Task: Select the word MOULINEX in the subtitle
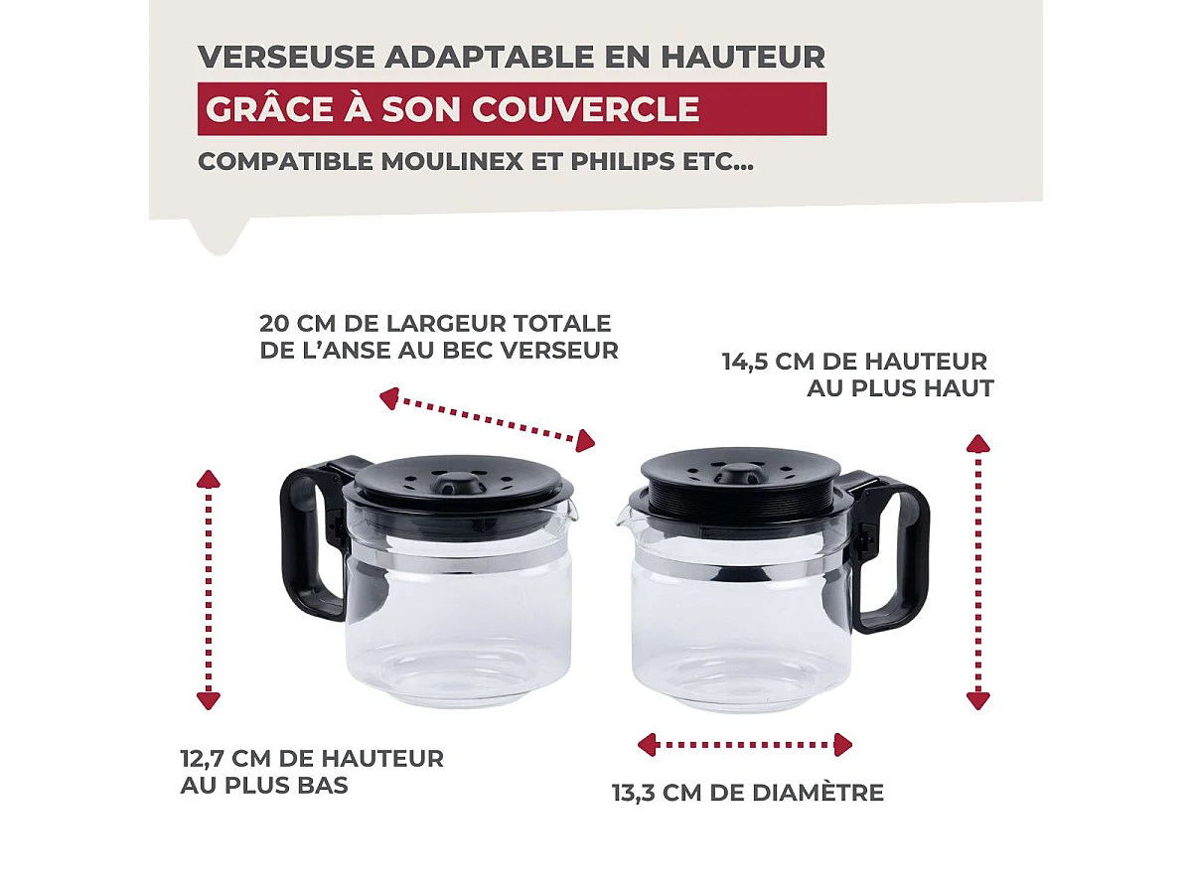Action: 456,161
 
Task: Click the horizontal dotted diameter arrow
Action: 745,744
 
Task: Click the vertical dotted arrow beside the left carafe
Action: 208,590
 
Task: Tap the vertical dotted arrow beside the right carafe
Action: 978,571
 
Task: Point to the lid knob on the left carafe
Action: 458,482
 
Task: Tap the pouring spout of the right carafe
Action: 625,517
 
